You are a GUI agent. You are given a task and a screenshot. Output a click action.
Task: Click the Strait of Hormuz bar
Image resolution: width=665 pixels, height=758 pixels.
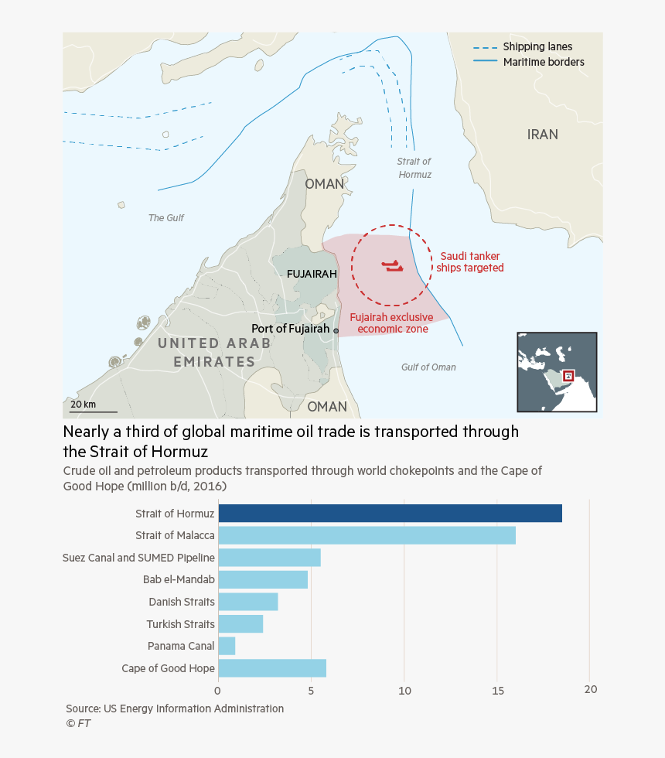point(390,513)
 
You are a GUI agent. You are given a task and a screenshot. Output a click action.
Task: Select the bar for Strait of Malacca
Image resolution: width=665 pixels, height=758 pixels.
point(367,535)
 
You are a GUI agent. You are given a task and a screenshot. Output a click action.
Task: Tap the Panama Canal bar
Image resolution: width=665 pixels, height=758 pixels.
point(227,646)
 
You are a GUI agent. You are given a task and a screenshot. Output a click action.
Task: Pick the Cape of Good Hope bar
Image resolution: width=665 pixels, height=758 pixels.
point(272,668)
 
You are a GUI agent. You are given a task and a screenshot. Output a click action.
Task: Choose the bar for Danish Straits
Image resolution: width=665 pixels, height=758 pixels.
point(247,602)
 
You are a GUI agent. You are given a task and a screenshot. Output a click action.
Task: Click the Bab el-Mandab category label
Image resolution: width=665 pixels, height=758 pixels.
point(179,579)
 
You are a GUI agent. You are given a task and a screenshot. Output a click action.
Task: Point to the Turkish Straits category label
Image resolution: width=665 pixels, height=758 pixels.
point(180,624)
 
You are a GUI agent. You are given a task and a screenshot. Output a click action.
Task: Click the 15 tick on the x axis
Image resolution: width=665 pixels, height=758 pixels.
point(497,690)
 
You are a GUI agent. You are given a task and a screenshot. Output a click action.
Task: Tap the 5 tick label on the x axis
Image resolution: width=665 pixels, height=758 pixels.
point(311,690)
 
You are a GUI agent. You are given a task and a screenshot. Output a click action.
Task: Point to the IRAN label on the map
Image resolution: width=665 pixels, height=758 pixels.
point(542,135)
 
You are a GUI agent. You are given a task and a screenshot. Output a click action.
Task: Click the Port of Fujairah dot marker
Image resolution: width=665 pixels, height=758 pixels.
point(336,330)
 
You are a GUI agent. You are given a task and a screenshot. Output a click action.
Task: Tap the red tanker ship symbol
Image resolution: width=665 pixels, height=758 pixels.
point(392,267)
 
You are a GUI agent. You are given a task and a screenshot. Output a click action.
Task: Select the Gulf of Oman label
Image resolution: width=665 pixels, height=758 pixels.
point(428,367)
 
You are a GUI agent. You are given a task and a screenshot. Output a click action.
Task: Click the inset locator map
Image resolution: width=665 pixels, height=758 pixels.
point(557,372)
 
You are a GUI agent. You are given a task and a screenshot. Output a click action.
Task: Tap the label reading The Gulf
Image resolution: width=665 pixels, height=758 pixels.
point(166,218)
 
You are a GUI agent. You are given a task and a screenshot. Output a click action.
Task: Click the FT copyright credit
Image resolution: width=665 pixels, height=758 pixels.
point(78,724)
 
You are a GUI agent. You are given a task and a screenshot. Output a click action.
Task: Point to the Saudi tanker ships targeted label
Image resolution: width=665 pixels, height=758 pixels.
point(470,262)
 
